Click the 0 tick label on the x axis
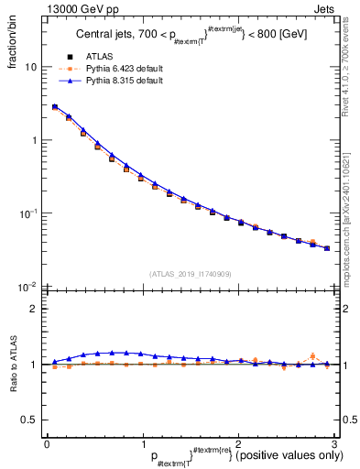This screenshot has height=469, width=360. [47, 444]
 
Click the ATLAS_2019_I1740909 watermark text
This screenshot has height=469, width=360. [190, 274]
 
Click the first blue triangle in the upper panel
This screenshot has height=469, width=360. [55, 106]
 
